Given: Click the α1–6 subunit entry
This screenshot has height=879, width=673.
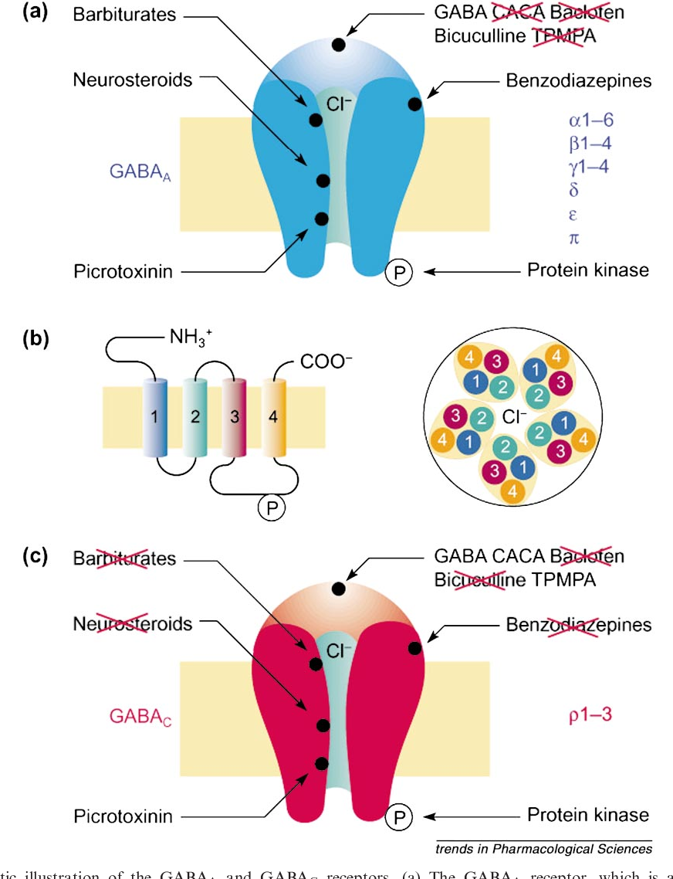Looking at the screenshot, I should tap(593, 120).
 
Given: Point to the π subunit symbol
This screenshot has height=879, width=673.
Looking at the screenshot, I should tap(573, 237).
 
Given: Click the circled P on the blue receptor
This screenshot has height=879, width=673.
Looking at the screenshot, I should tap(399, 271).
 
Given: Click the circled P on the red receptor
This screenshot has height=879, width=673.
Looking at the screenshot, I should tap(399, 815).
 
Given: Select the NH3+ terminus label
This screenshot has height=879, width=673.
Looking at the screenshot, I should tap(191, 337).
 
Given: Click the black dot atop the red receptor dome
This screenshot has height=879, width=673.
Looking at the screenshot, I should tap(338, 589).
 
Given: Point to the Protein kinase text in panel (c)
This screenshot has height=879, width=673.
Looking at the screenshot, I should tap(588, 815).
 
